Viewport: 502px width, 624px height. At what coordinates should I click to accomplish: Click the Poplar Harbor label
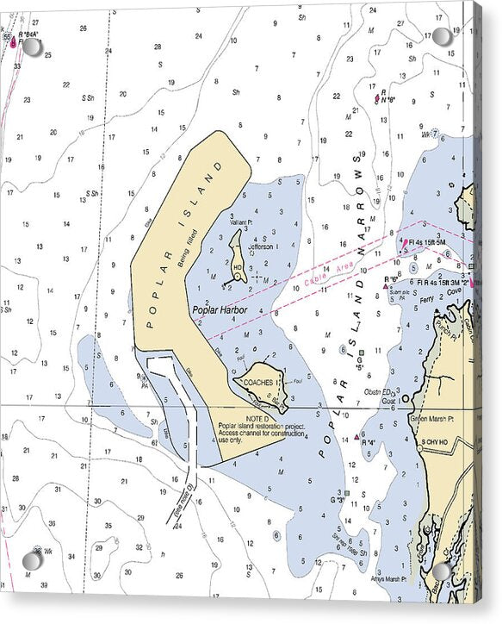click(220, 310)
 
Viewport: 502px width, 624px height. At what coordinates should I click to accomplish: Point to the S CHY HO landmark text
click(436, 442)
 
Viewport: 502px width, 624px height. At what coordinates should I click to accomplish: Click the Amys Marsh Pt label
click(384, 579)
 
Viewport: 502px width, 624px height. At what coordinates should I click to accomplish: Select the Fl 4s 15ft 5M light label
click(427, 242)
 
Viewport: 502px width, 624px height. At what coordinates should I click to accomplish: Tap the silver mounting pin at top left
click(31, 47)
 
